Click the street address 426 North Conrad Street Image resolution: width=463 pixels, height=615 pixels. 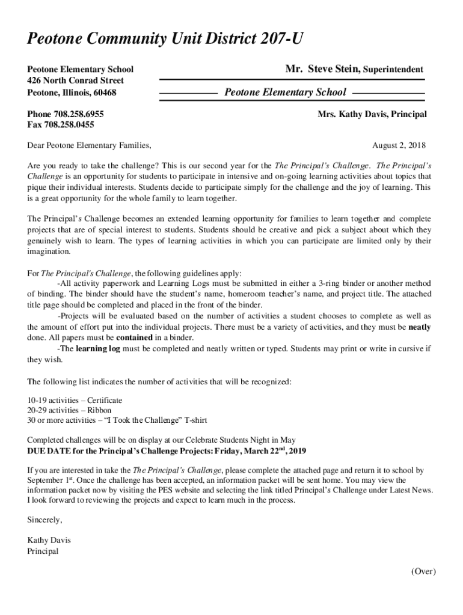click(76, 80)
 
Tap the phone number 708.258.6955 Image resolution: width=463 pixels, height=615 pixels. click(81, 114)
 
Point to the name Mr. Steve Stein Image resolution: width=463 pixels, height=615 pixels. click(322, 69)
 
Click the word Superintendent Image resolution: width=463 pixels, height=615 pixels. click(393, 70)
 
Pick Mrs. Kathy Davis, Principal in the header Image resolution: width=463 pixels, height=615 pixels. click(372, 114)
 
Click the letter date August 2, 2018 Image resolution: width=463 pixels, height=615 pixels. click(399, 145)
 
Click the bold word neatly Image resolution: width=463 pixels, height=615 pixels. click(419, 327)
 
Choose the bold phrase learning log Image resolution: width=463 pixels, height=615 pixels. click(97, 349)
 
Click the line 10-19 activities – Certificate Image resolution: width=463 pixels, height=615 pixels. click(75, 400)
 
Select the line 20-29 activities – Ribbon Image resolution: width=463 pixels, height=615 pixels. click(69, 410)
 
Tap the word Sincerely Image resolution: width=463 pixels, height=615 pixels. click(45, 520)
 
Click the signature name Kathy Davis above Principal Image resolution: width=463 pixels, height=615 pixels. click(49, 541)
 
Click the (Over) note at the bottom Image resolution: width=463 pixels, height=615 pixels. click(423, 572)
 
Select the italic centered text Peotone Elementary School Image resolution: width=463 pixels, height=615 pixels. click(285, 92)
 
